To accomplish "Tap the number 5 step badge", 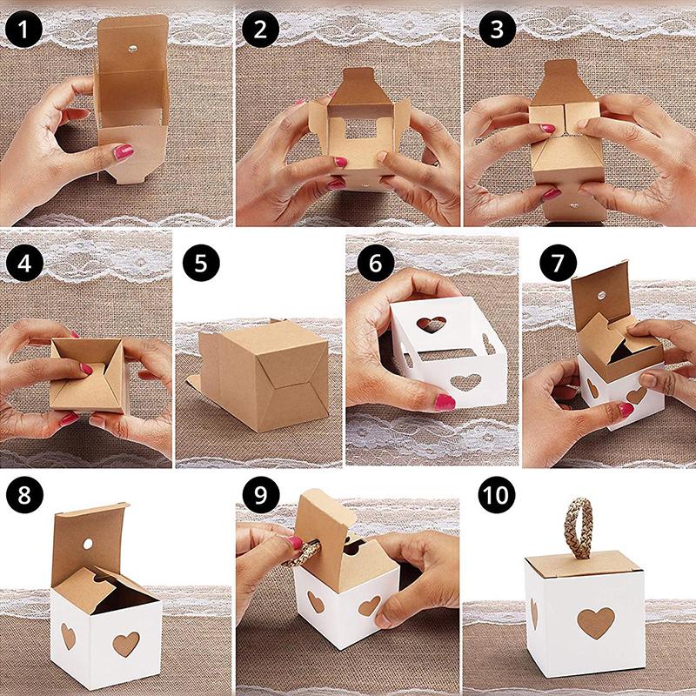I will pos(201,262).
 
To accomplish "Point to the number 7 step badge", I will pos(547,263).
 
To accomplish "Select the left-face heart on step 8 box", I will pos(68,636).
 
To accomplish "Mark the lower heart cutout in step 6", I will pos(467,381).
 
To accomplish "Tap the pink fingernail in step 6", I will pos(444,401).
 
